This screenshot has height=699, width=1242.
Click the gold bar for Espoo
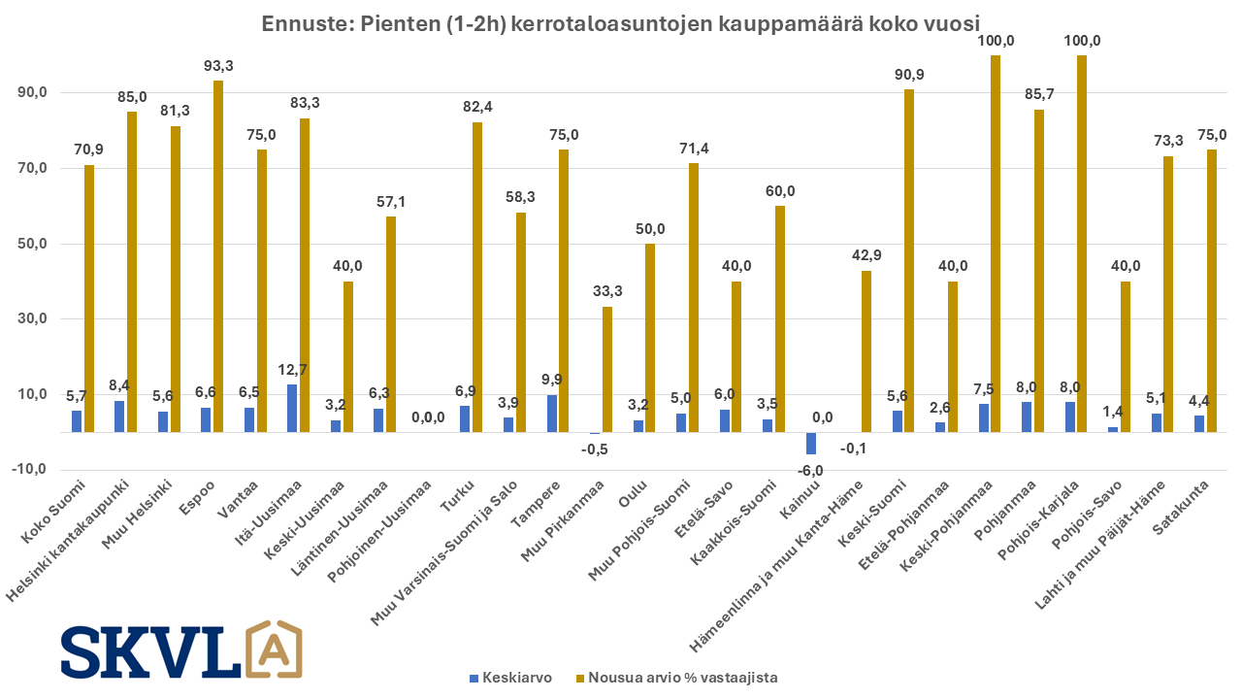coord(218,256)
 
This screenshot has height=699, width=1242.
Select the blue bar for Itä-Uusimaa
coord(292,408)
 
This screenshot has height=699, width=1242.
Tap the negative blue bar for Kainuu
coord(811,444)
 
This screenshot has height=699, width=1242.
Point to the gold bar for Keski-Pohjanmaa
coord(996,244)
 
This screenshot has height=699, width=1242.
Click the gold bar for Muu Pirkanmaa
coord(607,369)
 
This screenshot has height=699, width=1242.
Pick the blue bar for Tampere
coord(552,414)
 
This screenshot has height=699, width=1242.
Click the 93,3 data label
coord(217,66)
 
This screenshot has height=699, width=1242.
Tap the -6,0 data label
coord(810,471)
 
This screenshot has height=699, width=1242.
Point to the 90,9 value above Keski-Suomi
coord(908,75)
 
